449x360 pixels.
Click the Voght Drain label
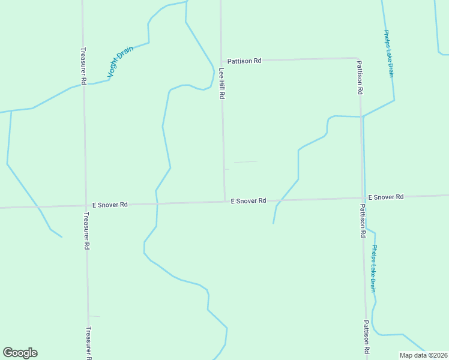[x=119, y=62]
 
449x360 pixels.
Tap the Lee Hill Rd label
[x=221, y=83]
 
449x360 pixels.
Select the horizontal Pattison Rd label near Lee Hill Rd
[x=244, y=61]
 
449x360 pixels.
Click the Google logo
[x=20, y=353]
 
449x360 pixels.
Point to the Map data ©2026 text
[x=424, y=355]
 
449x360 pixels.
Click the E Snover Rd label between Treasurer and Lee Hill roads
[x=106, y=205]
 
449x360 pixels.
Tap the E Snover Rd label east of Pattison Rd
[x=386, y=197]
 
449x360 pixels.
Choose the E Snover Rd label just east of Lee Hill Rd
[x=249, y=201]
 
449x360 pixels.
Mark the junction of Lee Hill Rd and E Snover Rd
[x=224, y=202]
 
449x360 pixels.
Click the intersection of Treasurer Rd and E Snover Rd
[x=85, y=205]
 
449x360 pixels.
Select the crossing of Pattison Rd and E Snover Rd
[x=364, y=198]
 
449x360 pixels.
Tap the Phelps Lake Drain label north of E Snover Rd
[x=389, y=54]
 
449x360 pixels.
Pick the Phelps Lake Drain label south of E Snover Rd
[x=374, y=268]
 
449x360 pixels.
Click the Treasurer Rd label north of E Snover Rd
[x=84, y=66]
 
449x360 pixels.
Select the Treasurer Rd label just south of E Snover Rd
[x=86, y=231]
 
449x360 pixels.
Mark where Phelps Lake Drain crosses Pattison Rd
[x=362, y=117]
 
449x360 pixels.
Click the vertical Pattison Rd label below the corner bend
[x=360, y=78]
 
